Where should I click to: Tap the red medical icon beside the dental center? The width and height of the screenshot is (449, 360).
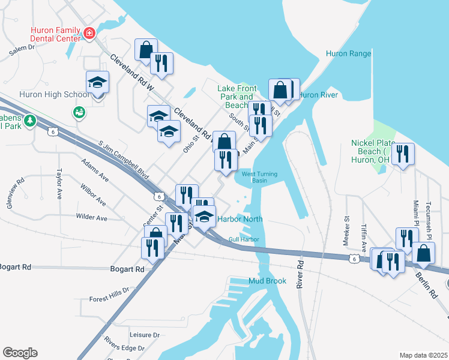(x=89, y=33)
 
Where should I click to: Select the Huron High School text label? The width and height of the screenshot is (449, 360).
(x=46, y=95)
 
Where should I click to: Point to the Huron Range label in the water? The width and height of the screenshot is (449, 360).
(x=348, y=53)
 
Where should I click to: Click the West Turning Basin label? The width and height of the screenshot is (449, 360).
(x=259, y=177)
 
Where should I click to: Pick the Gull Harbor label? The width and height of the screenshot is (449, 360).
(x=243, y=240)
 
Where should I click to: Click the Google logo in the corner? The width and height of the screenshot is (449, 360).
(x=20, y=353)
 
